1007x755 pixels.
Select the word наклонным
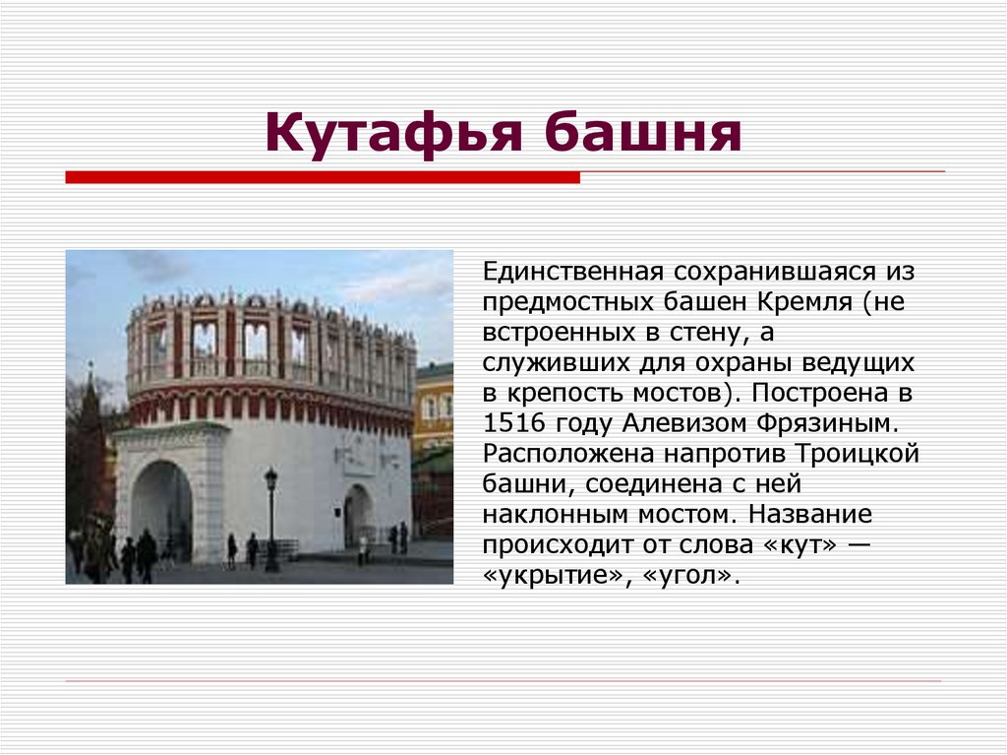557,515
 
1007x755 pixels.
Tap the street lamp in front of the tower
271,517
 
